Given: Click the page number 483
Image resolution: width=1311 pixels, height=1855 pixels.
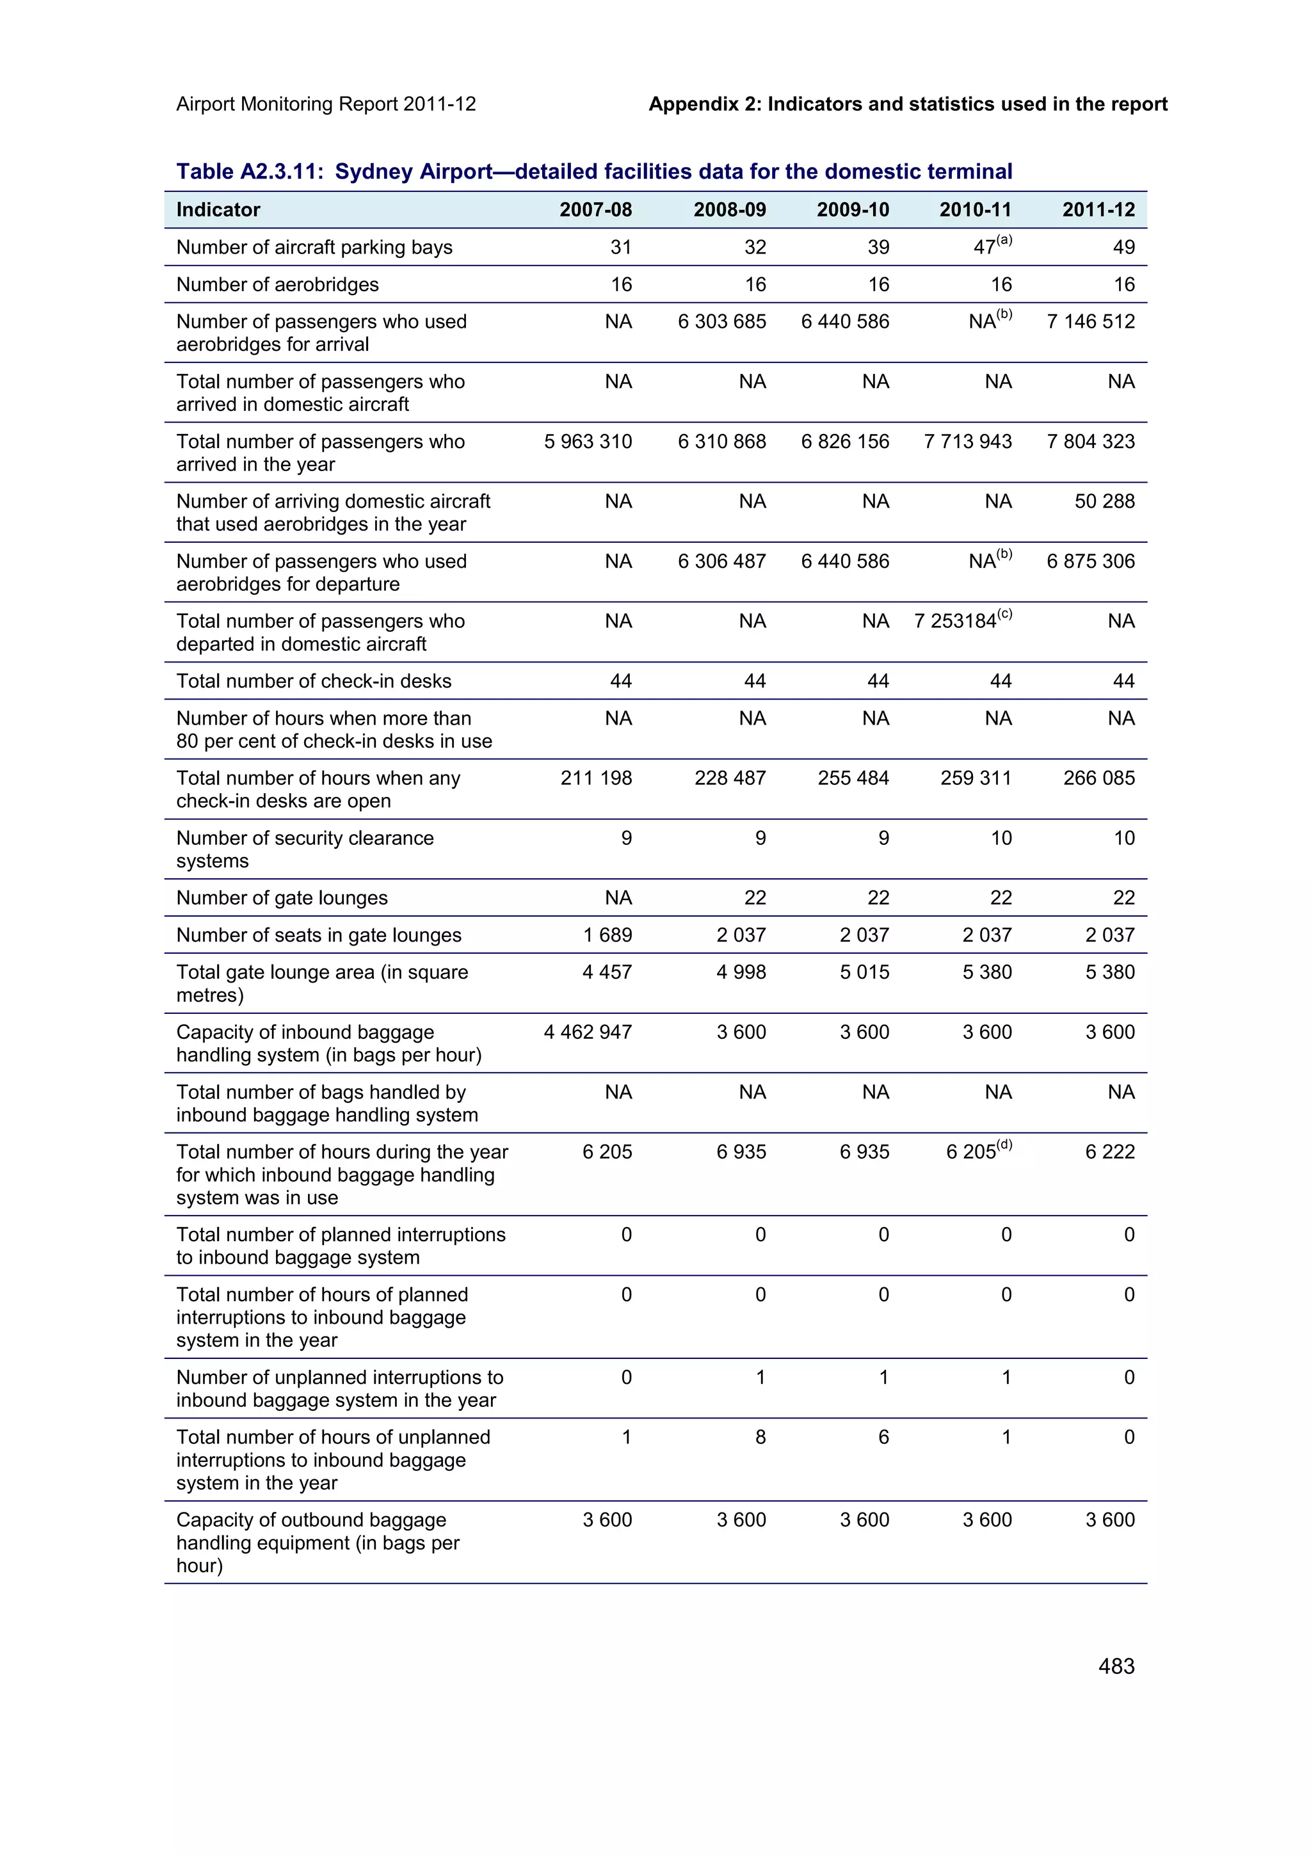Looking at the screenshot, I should click(x=1116, y=1666).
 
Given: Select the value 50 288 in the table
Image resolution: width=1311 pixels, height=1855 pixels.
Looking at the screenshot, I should click(x=1104, y=502).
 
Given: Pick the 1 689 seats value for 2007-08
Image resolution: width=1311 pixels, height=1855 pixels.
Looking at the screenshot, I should click(x=607, y=936).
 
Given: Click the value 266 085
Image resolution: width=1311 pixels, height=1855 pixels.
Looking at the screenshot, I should click(x=1098, y=779).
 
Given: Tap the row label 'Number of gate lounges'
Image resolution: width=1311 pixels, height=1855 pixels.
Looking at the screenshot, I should click(x=282, y=899).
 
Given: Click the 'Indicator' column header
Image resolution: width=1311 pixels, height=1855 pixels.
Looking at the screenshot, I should click(x=218, y=210).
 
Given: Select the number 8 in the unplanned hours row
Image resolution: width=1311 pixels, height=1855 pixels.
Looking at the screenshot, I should click(x=760, y=1437).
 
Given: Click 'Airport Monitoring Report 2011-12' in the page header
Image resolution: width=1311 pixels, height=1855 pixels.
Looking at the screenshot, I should click(x=326, y=104).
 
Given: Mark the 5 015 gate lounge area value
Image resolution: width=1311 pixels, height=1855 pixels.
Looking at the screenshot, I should click(x=864, y=973).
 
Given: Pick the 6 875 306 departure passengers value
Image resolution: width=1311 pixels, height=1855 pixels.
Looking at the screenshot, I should click(x=1091, y=561).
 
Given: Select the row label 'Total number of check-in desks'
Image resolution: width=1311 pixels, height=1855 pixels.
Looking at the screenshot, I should click(x=314, y=681).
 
